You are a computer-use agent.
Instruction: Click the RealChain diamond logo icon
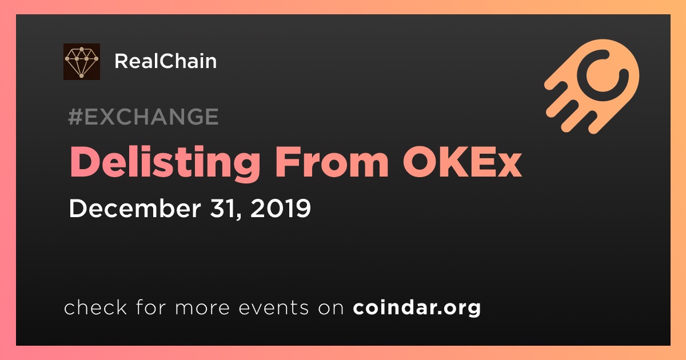pyautogui.click(x=81, y=62)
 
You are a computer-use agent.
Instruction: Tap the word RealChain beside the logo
pyautogui.click(x=165, y=61)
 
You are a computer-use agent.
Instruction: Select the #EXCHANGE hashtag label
pyautogui.click(x=143, y=117)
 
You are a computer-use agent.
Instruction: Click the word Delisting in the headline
pyautogui.click(x=165, y=162)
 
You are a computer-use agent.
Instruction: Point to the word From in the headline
pyautogui.click(x=332, y=162)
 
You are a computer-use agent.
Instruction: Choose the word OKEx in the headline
pyautogui.click(x=462, y=162)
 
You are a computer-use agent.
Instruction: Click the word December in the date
pyautogui.click(x=135, y=208)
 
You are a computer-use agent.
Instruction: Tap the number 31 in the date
pyautogui.click(x=222, y=208)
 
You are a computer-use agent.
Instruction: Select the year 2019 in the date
pyautogui.click(x=281, y=208)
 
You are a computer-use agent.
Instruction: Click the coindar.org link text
pyautogui.click(x=417, y=307)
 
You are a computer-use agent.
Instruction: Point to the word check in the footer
pyautogui.click(x=95, y=307)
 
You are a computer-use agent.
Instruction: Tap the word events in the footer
pyautogui.click(x=274, y=308)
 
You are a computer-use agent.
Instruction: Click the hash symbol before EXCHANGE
pyautogui.click(x=75, y=117)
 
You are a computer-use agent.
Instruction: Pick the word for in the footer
pyautogui.click(x=151, y=307)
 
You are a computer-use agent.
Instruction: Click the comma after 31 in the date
pyautogui.click(x=238, y=216)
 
